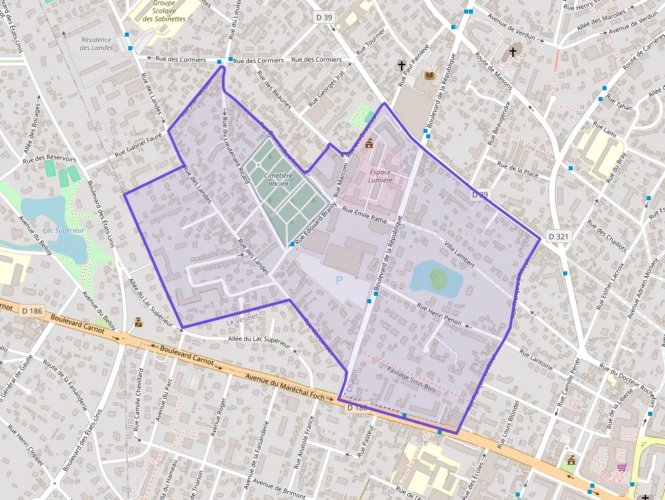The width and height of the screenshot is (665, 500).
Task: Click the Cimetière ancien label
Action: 278,180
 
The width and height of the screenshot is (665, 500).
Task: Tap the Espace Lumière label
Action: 380,176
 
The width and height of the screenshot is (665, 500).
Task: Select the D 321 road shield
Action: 558,236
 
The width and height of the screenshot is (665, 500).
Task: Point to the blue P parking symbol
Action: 339,280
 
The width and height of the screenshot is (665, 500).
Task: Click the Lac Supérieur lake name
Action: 63,231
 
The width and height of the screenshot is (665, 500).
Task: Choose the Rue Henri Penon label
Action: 439,313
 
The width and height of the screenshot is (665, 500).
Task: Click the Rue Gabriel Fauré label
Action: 140,145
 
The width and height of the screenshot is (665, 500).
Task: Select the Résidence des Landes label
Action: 96,44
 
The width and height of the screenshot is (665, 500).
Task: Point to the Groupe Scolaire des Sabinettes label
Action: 164,11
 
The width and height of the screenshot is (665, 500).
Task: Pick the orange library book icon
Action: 429,75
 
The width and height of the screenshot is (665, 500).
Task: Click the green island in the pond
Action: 438,278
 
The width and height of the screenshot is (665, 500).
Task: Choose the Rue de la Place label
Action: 517,169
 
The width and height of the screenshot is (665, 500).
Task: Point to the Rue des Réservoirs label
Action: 50,159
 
